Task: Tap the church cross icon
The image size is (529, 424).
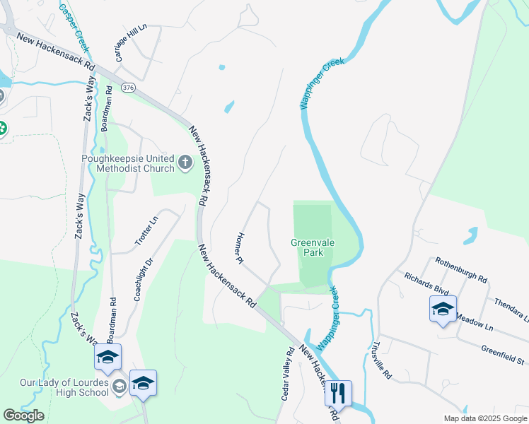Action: coord(185,164)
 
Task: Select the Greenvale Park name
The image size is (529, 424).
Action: coord(313,247)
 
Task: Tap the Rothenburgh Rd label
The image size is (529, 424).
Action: coord(461,269)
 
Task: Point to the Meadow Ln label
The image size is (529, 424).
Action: coord(475,322)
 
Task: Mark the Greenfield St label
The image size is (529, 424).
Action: coord(503,355)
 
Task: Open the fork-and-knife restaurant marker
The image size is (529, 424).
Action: coord(338,392)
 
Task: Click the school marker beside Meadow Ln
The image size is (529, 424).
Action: coord(443,310)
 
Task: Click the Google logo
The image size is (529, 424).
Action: coord(23,416)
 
